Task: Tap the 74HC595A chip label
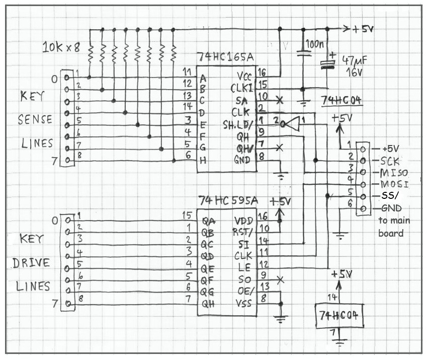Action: [x=228, y=201]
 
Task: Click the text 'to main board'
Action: [x=394, y=227]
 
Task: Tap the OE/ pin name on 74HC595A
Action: [x=245, y=289]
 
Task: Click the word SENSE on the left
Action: [x=35, y=119]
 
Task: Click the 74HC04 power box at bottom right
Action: [x=340, y=316]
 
